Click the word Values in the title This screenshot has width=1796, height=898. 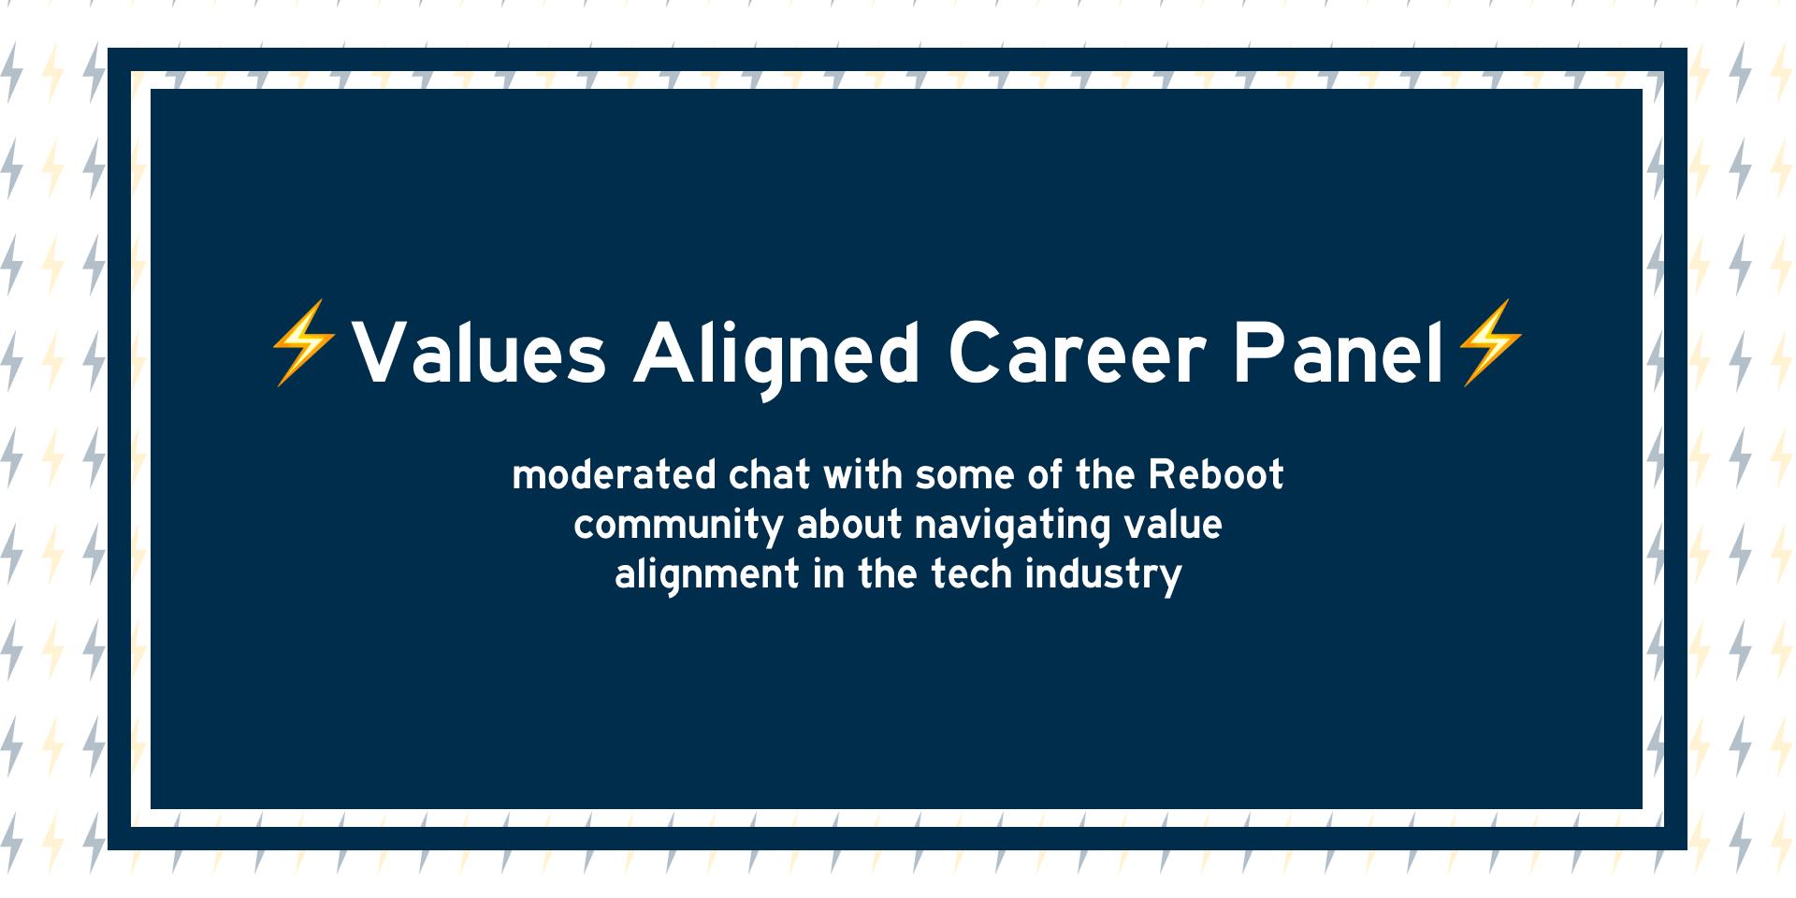pyautogui.click(x=479, y=354)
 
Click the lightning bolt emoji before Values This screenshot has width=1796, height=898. pyautogui.click(x=303, y=342)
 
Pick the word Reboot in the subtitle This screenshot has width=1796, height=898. pyautogui.click(x=1216, y=475)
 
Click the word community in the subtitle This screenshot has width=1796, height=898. pyautogui.click(x=678, y=525)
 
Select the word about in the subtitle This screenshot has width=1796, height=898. pyautogui.click(x=849, y=525)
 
